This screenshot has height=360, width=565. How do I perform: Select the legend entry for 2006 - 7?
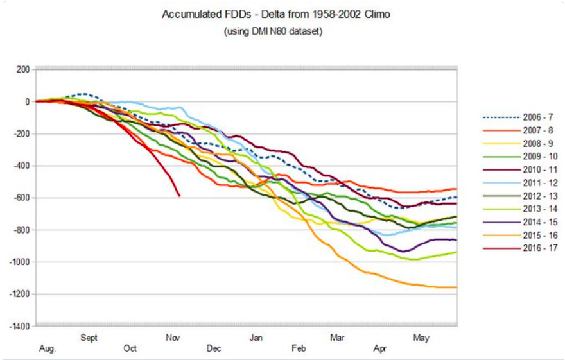click(519, 117)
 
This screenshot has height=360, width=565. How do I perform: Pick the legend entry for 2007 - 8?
click(519, 130)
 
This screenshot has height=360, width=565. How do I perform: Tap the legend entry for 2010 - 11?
click(519, 169)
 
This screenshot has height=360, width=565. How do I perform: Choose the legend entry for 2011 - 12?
click(519, 182)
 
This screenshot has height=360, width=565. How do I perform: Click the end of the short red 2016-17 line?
click(179, 196)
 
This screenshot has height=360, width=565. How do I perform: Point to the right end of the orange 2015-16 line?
click(456, 287)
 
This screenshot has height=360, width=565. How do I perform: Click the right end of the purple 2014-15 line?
click(456, 240)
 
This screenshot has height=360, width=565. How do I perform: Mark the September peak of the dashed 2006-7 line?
click(85, 94)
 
